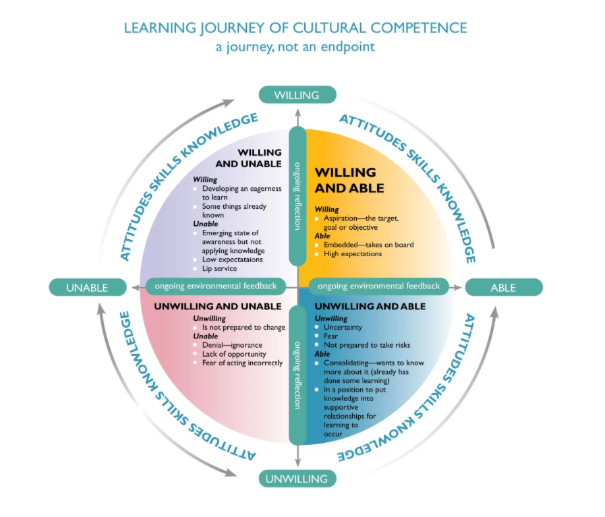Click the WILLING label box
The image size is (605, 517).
point(297,95)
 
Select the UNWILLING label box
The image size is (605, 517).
point(296,479)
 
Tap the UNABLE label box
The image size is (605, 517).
point(87,288)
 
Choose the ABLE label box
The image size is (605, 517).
point(503,288)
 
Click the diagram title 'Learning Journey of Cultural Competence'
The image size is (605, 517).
point(295,28)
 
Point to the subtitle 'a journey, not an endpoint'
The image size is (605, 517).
point(295,47)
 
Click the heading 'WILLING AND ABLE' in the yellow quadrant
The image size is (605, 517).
point(349,180)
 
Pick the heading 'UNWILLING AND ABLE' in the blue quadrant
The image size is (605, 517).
point(370,307)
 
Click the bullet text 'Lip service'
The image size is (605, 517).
point(219,268)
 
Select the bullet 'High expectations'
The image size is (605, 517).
point(353,254)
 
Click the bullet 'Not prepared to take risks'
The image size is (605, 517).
point(367,345)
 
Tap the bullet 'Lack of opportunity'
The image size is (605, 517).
point(234,354)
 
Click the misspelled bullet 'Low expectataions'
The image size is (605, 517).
point(233,260)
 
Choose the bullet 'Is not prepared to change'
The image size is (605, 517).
point(243,328)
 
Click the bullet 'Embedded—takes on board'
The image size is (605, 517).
point(368,245)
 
